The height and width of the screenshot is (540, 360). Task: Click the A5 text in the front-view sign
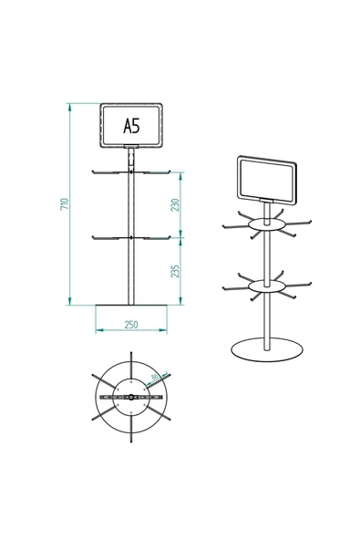click(x=132, y=126)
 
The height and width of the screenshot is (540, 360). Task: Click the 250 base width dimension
click(x=132, y=325)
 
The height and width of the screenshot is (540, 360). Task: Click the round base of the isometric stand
click(x=266, y=351)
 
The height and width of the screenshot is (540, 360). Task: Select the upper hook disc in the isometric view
click(x=265, y=223)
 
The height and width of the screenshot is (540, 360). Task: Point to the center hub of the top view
click(x=131, y=399)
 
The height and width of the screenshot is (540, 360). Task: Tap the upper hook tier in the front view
click(x=132, y=171)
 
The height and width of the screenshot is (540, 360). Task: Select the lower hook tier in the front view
click(x=132, y=238)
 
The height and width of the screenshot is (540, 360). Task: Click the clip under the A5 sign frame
click(x=132, y=147)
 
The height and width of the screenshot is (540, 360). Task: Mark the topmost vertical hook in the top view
click(x=131, y=361)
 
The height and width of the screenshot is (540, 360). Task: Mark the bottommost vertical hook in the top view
click(x=131, y=439)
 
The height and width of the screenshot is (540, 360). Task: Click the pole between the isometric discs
click(x=265, y=255)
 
